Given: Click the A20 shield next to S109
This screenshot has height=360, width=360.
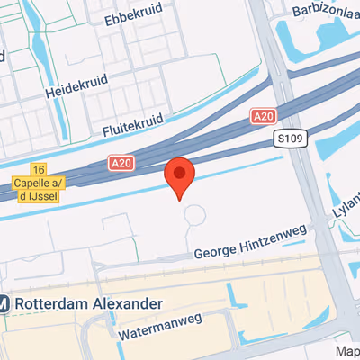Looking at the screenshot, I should point(264,116).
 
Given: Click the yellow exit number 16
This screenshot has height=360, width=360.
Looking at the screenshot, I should point(37,169).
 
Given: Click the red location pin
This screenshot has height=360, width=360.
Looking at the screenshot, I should point(181,175).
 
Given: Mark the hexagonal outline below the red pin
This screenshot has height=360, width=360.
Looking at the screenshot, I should point(194,217).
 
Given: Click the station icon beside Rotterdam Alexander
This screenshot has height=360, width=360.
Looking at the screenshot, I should point(4,304).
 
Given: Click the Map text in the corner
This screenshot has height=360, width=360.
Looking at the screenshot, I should point(347,351).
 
